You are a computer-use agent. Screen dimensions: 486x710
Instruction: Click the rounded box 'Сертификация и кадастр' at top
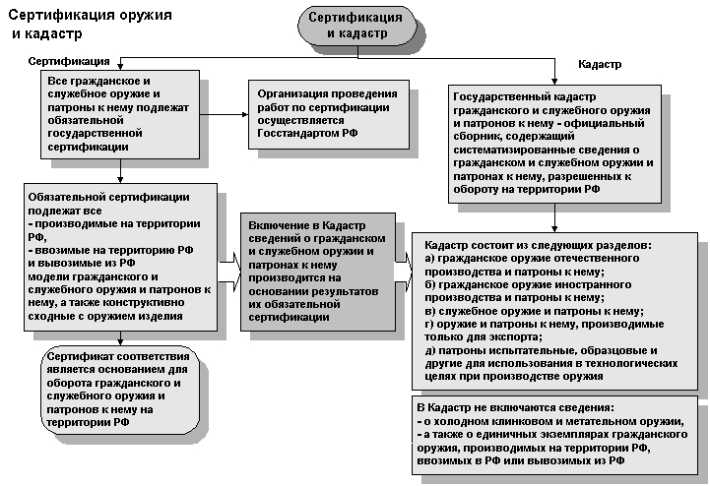[x=355, y=27]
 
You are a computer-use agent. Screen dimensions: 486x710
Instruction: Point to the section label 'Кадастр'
[x=600, y=64]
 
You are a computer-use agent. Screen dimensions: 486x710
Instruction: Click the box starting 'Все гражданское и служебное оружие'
[x=119, y=113]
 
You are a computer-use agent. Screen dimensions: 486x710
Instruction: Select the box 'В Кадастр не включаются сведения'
[x=554, y=434]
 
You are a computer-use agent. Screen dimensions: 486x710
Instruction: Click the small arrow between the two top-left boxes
[x=227, y=113]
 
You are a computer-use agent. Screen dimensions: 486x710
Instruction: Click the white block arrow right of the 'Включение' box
[x=404, y=264]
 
